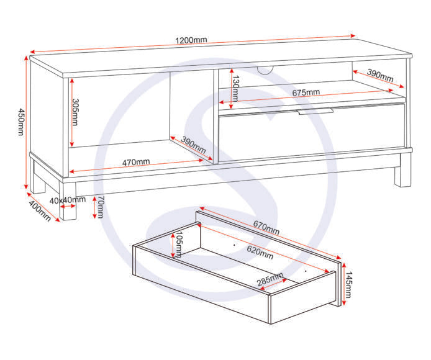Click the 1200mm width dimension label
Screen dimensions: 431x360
[x=191, y=40]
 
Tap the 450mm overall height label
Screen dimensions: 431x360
[x=21, y=122]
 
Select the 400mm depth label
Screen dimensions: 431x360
[x=40, y=211]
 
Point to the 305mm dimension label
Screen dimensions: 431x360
[x=75, y=112]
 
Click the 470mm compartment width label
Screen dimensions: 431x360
[x=136, y=162]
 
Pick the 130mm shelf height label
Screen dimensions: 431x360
[x=235, y=89]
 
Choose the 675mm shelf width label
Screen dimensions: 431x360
[x=306, y=92]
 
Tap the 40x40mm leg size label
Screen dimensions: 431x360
[x=67, y=200]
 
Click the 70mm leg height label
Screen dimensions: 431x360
[x=101, y=207]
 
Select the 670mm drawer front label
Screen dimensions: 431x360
[x=266, y=228]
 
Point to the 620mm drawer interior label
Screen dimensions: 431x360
[x=260, y=253]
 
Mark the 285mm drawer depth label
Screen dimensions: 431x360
[x=270, y=279]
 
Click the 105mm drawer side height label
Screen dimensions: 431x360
[x=179, y=245]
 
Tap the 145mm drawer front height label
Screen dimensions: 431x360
[x=348, y=285]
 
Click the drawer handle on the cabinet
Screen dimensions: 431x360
[x=315, y=111]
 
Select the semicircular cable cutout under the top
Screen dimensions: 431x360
[x=265, y=70]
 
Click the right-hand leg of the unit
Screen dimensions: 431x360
[x=403, y=169]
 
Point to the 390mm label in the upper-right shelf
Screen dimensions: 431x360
[x=380, y=76]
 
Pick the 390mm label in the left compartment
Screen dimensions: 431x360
[x=193, y=145]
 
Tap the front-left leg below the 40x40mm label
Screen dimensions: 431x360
[x=68, y=200]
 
